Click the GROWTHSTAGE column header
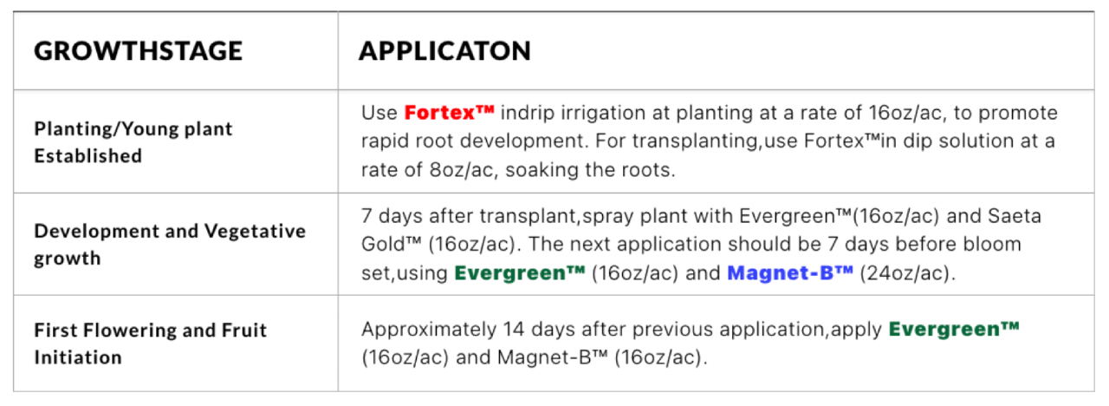point(138,51)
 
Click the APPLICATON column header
point(444,51)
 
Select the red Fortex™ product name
point(449,113)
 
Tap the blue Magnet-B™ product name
point(789,272)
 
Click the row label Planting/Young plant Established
point(133,142)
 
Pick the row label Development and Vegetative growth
point(170,245)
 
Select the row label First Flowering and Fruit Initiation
point(150,344)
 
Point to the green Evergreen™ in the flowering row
point(954,329)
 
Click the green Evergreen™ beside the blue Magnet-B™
point(519,272)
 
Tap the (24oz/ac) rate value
point(907,273)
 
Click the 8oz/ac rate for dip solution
point(463,170)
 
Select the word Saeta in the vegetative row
point(1015,216)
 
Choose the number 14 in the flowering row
point(514,329)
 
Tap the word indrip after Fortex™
point(528,114)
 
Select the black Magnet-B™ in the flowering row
point(552,357)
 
